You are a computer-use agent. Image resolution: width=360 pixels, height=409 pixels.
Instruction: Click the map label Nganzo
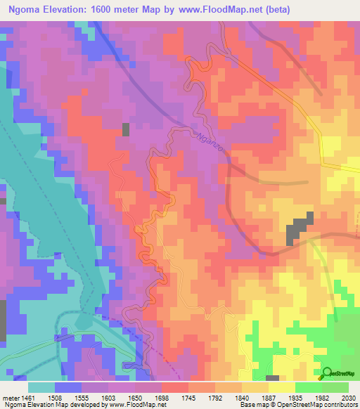(x=209, y=138)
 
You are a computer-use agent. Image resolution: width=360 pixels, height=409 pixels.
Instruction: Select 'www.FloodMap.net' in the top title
(x=215, y=8)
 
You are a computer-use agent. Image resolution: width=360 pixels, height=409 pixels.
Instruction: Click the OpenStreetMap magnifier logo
(x=328, y=373)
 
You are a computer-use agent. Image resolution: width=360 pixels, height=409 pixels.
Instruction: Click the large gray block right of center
(x=299, y=231)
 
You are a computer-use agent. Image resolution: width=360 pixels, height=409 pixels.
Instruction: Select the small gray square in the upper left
(x=126, y=129)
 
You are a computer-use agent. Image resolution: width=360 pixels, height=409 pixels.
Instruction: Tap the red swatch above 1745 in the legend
(x=175, y=387)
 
